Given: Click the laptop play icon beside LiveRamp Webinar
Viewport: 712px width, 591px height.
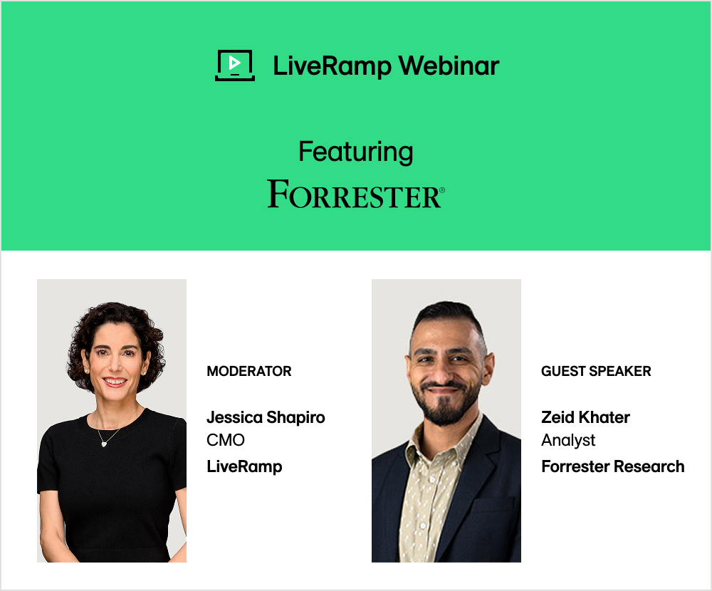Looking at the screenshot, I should (x=234, y=66).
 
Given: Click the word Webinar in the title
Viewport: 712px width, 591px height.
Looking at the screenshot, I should (x=449, y=66).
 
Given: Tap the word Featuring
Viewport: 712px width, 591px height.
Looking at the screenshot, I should (x=355, y=152).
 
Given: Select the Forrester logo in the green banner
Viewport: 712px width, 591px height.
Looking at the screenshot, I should (x=354, y=194).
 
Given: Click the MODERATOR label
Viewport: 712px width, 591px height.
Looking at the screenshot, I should (x=248, y=371).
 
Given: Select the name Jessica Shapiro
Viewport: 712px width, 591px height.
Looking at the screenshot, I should (x=266, y=417).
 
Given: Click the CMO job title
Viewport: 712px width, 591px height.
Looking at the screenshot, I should (x=226, y=440).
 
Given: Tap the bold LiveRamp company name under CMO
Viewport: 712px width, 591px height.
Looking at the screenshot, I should (x=244, y=466).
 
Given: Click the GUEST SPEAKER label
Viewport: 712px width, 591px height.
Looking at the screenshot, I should (x=596, y=371).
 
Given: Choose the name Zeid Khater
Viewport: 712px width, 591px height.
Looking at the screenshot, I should (x=585, y=417).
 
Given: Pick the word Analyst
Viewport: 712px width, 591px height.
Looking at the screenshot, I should (x=568, y=440).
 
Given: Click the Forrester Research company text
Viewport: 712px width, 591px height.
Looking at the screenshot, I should (x=612, y=466).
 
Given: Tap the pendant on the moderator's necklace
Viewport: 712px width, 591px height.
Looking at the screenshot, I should (x=105, y=443).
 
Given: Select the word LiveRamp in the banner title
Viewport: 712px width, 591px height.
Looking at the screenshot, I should (x=332, y=66).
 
